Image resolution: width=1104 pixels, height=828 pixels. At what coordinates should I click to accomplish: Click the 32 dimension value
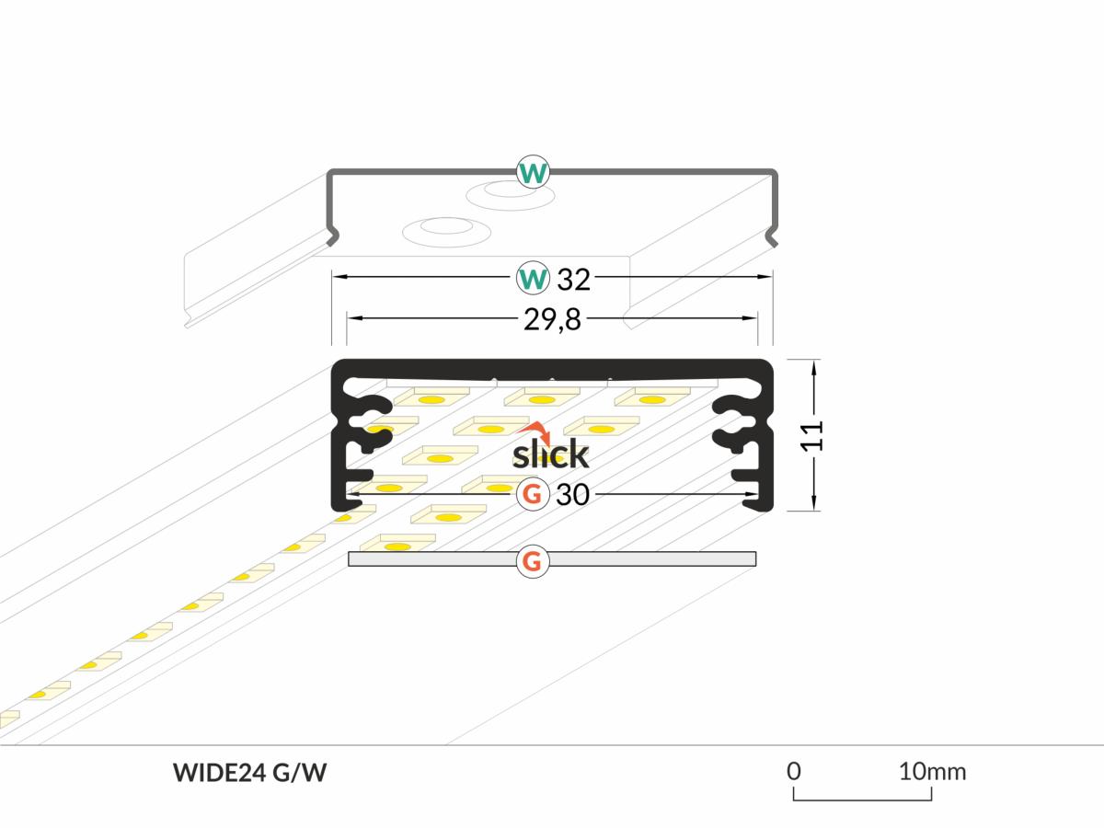[573, 277]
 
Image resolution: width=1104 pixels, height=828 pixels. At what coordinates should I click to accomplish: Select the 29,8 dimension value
[553, 319]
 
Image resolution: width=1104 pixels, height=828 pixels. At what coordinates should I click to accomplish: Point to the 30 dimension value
[572, 495]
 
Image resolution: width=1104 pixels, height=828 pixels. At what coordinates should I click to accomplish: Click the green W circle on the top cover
[533, 172]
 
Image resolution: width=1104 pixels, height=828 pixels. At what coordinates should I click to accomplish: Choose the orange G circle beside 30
[532, 495]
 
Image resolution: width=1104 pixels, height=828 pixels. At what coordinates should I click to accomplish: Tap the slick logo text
[550, 454]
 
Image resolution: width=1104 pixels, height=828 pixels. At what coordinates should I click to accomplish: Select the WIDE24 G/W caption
[249, 773]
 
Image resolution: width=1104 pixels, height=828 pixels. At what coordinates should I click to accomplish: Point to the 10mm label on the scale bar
[932, 770]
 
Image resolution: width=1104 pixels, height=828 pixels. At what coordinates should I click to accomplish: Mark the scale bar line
[861, 799]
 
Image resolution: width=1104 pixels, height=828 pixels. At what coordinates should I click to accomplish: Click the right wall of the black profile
[768, 432]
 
